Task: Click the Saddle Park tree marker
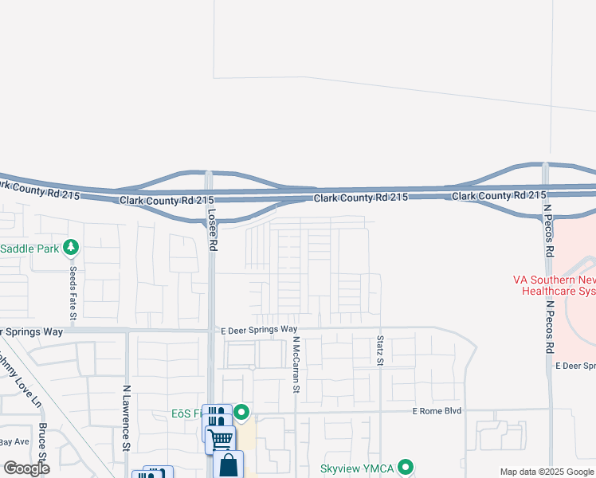72,248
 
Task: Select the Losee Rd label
212,230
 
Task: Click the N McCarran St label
295,364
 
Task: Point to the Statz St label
380,351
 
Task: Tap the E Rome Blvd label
437,411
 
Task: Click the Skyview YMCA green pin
406,468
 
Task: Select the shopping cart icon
220,437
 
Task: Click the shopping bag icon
229,466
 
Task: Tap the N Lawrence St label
126,418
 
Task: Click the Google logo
26,468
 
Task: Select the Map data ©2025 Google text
547,472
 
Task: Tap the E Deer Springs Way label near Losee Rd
260,329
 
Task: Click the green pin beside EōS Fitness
241,413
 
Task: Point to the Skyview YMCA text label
356,468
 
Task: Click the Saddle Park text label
29,249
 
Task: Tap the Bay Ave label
14,441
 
